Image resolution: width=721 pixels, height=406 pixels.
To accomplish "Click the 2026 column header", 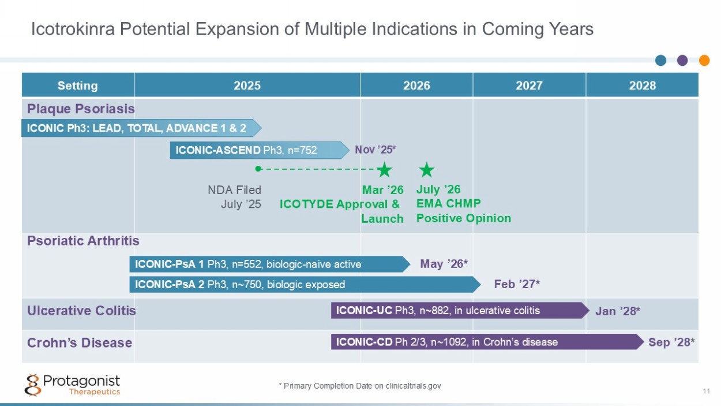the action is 416,85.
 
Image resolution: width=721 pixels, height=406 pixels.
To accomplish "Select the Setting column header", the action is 77,85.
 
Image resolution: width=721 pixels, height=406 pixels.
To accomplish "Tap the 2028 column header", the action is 642,85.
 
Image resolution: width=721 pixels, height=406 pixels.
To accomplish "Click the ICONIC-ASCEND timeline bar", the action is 260,150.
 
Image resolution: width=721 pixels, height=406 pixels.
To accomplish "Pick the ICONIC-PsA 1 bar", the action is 270,265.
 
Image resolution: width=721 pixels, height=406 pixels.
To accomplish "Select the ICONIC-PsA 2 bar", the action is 305,285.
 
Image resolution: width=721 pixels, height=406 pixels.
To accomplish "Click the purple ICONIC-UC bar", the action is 460,311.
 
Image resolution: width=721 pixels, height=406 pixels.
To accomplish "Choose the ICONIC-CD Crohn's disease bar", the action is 487,342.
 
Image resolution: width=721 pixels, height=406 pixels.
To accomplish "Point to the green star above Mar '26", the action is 384,169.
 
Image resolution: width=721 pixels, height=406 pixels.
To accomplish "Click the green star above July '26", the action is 427,169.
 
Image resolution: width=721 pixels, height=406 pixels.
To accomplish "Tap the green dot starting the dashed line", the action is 258,169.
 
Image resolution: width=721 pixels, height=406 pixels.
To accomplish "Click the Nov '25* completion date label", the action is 375,150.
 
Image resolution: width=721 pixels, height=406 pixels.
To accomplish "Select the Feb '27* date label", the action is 517,284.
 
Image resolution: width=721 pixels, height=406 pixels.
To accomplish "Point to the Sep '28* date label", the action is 671,342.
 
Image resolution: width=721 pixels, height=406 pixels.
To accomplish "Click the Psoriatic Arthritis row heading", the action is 83,241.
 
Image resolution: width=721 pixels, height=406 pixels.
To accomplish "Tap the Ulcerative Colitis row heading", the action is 81,311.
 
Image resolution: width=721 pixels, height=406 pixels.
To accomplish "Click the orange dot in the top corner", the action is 704,60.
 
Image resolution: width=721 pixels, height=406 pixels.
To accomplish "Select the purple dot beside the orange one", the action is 682,60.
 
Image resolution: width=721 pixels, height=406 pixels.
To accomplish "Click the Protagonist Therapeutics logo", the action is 73,385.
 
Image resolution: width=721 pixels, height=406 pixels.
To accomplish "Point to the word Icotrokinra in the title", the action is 73,29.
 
